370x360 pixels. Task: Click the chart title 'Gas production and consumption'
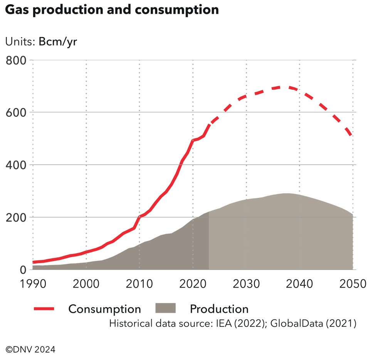coord(112,10)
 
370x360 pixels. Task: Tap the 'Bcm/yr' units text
coord(58,42)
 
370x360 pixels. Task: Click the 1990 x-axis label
coord(33,285)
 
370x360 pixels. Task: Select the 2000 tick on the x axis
coord(86,285)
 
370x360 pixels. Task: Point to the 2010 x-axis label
coord(139,285)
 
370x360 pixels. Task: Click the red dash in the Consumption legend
coord(44,308)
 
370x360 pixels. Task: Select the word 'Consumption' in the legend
coord(104,309)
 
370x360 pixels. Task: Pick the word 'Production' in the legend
coord(219,309)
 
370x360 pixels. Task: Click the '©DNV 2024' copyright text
coord(30,350)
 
